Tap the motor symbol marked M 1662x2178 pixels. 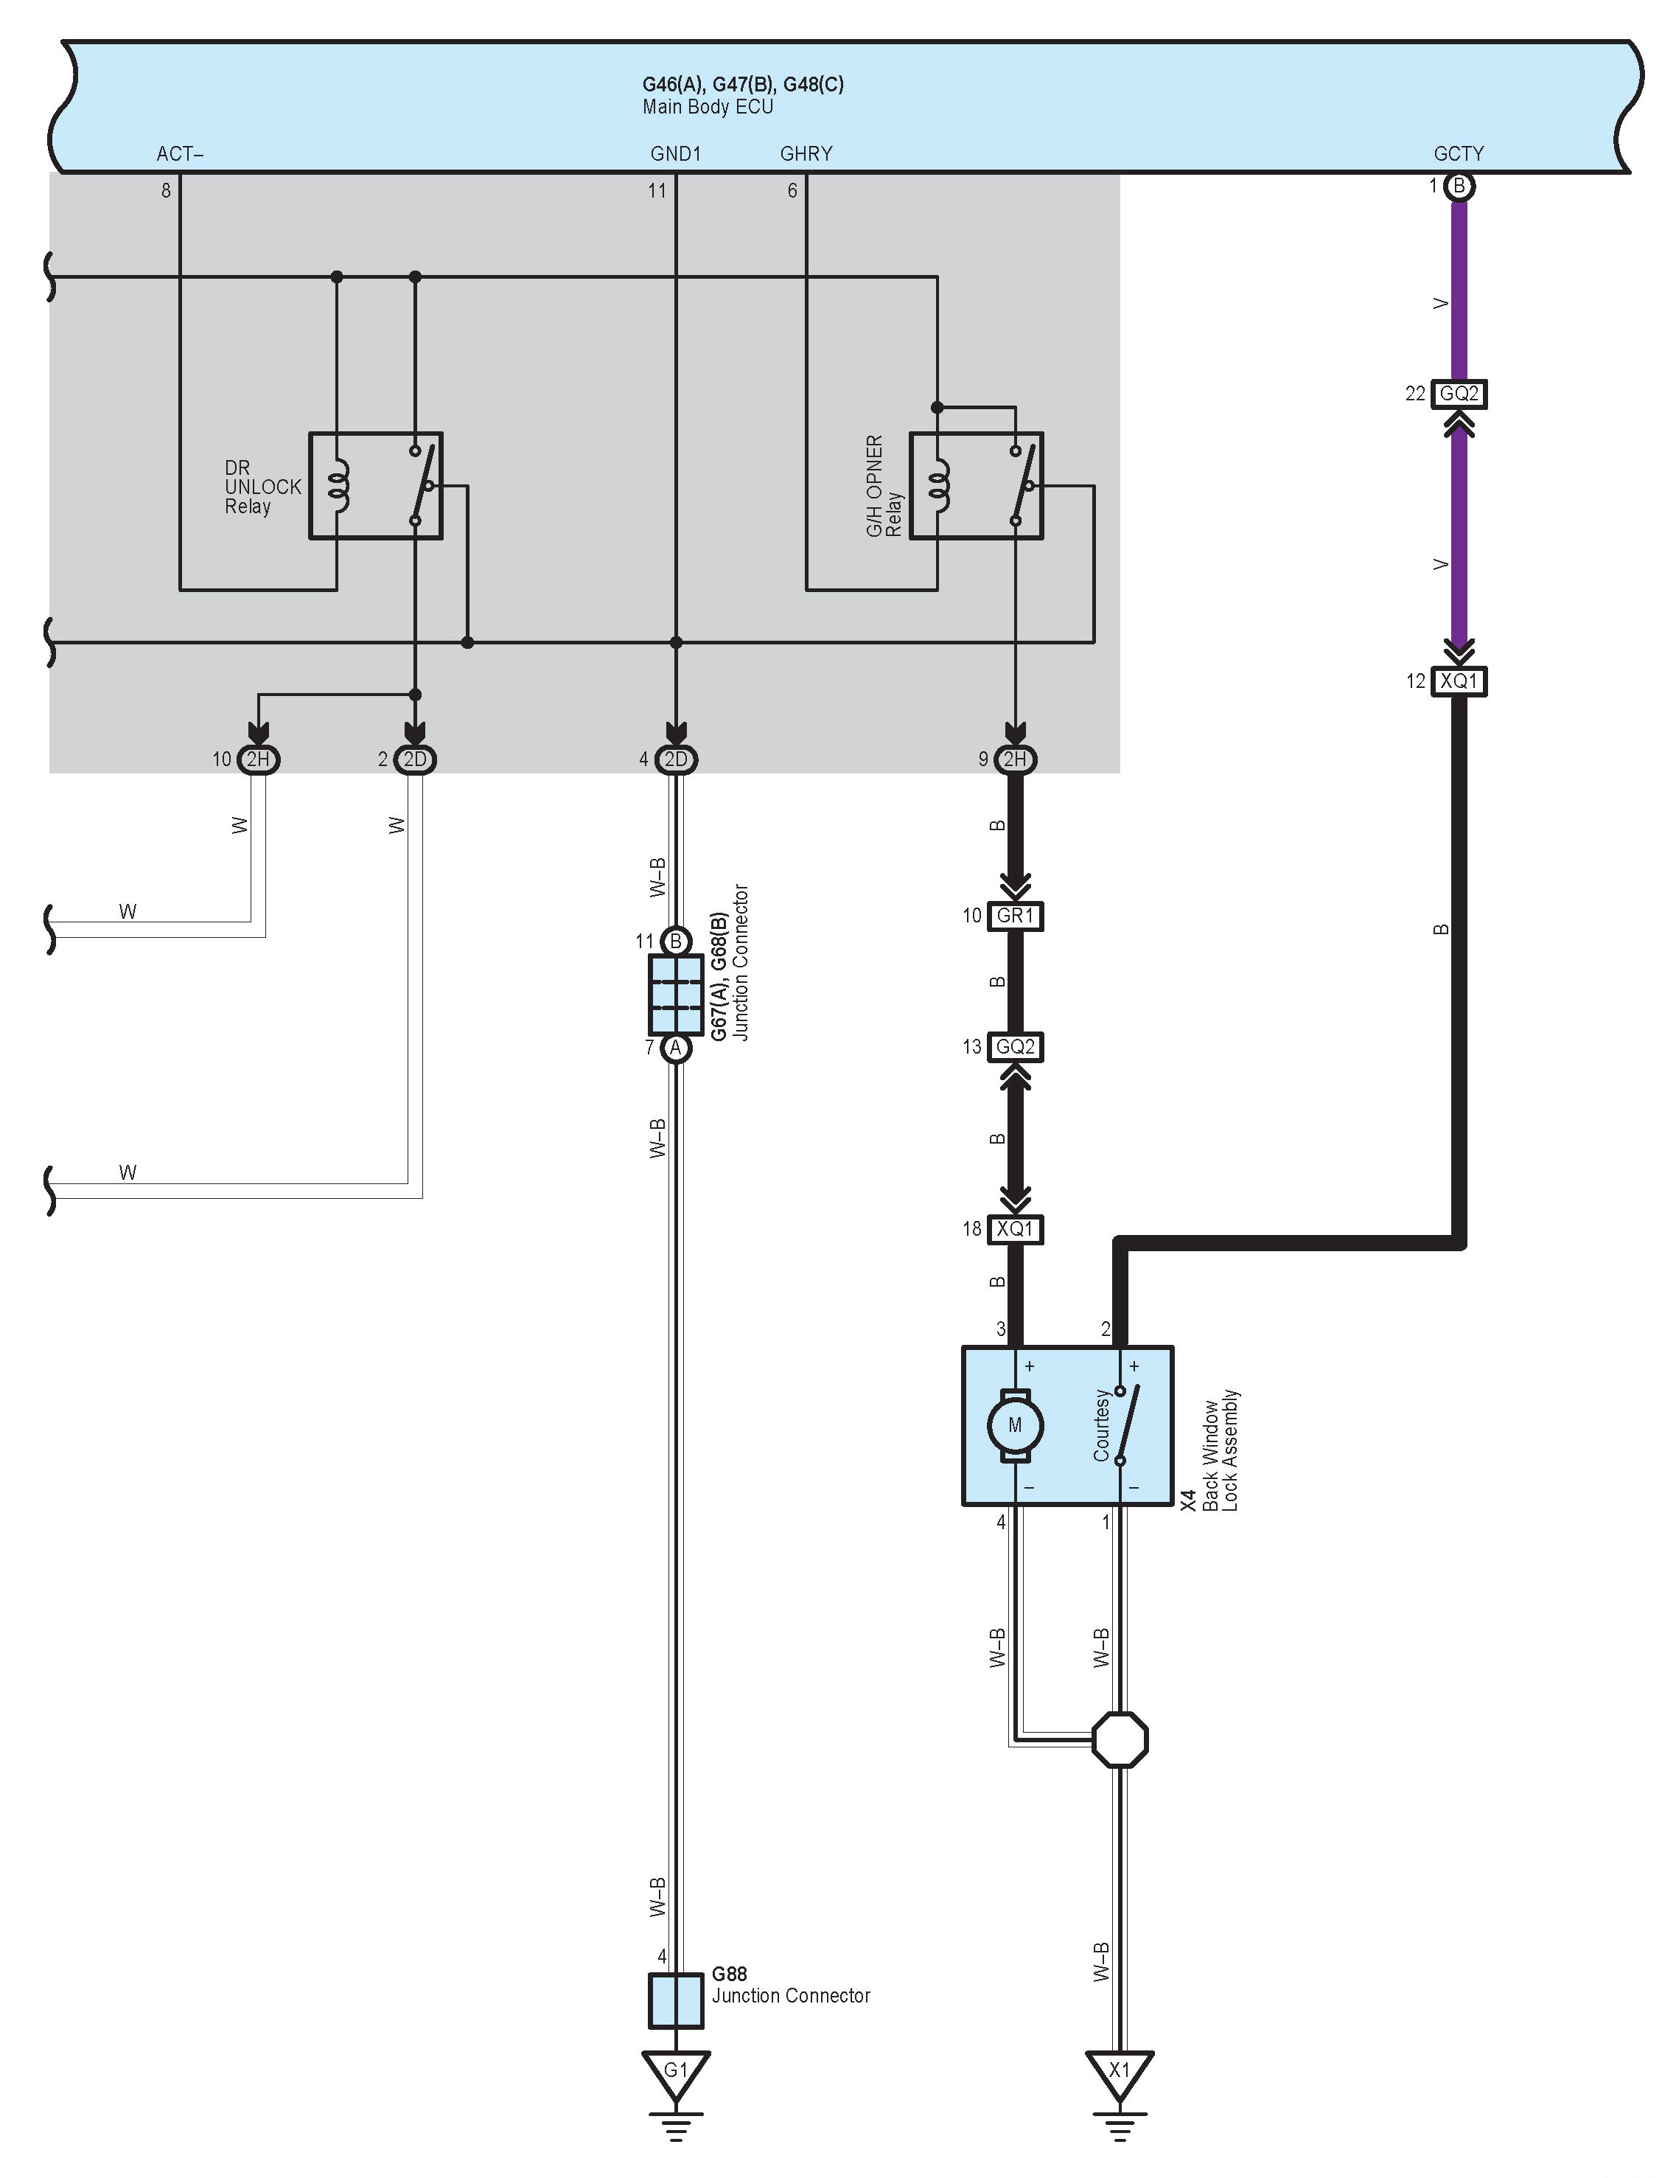(x=1014, y=1426)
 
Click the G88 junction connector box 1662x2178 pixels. (x=676, y=2000)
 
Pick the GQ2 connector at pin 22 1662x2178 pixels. (x=1459, y=394)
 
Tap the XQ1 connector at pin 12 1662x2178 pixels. (x=1459, y=681)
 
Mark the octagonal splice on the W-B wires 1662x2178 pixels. (x=1120, y=1739)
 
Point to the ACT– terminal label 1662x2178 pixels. (x=180, y=153)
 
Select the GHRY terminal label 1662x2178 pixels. (x=806, y=153)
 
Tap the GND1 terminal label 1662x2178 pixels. (x=676, y=153)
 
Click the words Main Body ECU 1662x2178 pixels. (x=708, y=107)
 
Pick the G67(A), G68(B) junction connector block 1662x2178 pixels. (x=676, y=993)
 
